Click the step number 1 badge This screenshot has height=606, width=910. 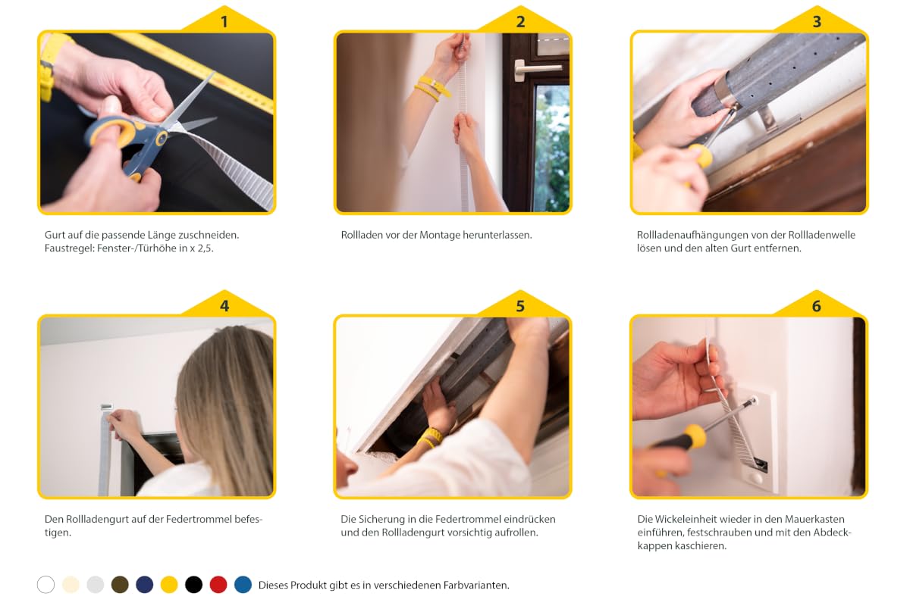pyautogui.click(x=224, y=21)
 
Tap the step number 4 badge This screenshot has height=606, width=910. pyautogui.click(x=224, y=305)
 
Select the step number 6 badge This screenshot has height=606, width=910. pyautogui.click(x=817, y=305)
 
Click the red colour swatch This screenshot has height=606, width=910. pyautogui.click(x=218, y=585)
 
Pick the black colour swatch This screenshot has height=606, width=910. pyautogui.click(x=194, y=585)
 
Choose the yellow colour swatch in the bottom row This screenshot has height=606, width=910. pyautogui.click(x=169, y=585)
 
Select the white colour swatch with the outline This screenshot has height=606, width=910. pyautogui.click(x=46, y=585)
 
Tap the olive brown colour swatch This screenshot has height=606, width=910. pyautogui.click(x=120, y=585)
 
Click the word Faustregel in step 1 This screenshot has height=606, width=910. pyautogui.click(x=70, y=248)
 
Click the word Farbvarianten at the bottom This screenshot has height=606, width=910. pyautogui.click(x=476, y=586)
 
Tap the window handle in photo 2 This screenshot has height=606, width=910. pyautogui.click(x=536, y=68)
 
